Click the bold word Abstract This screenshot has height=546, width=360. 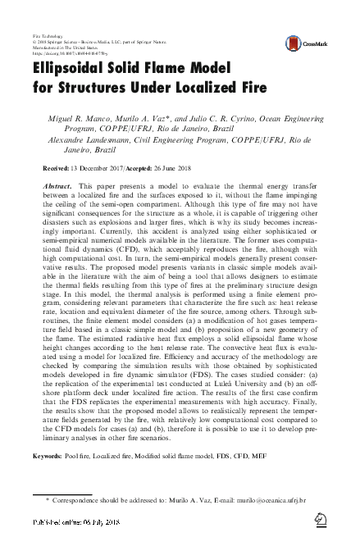click(57, 186)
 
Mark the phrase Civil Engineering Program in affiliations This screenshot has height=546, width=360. click(184, 139)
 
